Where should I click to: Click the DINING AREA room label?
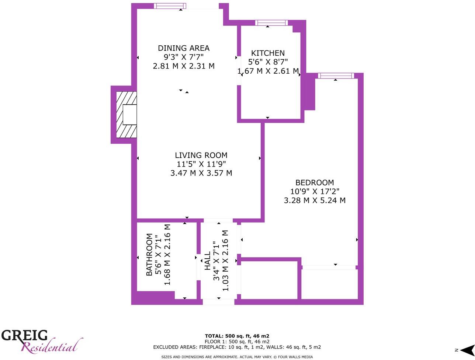tap(184, 48)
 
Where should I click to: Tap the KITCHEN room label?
tap(268, 53)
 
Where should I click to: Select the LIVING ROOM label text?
tap(201, 155)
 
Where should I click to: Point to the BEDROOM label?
tap(315, 183)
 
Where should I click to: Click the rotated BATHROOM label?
tap(149, 255)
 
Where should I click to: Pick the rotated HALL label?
tap(207, 261)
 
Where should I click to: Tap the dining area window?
tap(169, 6)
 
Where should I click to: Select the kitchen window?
tap(271, 23)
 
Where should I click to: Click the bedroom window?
tap(336, 76)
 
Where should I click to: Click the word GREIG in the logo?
tap(25, 336)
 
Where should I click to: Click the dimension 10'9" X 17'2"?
tap(315, 192)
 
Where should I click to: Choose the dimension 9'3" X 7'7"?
tap(184, 57)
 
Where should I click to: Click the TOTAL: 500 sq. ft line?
tap(237, 336)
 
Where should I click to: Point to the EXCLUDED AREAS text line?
tap(237, 347)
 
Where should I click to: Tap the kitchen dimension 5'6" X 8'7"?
tap(268, 62)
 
